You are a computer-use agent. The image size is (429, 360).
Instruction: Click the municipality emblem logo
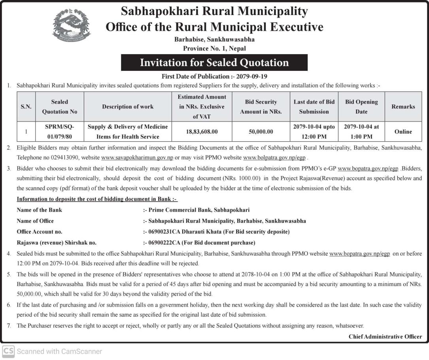click(71, 27)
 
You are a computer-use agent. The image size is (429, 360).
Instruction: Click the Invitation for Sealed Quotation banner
click(214, 63)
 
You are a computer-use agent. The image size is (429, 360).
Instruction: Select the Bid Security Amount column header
click(261, 107)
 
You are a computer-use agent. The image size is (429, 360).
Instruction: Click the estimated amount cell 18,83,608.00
click(202, 132)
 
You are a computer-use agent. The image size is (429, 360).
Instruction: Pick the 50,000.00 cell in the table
click(261, 132)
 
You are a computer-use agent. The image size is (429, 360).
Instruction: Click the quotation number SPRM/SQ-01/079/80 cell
click(60, 132)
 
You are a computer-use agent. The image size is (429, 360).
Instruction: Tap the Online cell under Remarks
click(403, 132)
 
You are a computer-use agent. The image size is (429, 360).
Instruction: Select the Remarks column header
click(403, 107)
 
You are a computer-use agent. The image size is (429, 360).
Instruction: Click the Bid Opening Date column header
click(361, 107)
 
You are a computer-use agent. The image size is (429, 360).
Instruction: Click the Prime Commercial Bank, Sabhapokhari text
click(199, 210)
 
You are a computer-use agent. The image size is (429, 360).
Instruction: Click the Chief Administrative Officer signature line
click(385, 337)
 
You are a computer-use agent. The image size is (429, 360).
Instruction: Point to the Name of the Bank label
click(39, 210)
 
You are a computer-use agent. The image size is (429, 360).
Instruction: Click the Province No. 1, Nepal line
click(214, 48)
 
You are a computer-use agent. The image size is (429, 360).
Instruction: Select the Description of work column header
click(128, 107)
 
